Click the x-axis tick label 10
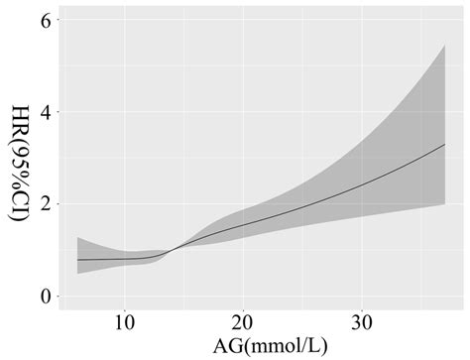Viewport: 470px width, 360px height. tap(125, 323)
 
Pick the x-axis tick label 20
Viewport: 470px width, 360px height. tap(243, 323)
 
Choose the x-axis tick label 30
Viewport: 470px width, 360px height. tap(361, 323)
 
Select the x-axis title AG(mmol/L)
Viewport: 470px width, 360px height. tap(243, 346)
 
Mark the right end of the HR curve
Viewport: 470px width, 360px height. tap(445, 145)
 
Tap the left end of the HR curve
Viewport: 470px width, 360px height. tap(77, 260)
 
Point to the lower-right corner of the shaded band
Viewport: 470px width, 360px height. tap(445, 204)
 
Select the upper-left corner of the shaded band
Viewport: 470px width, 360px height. tap(77, 237)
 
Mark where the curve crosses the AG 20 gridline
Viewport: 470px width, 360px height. tap(243, 225)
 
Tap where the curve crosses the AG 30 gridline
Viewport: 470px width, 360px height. tap(361, 185)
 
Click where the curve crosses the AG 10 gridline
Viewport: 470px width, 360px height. tap(125, 260)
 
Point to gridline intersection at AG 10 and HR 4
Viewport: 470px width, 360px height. tap(125, 112)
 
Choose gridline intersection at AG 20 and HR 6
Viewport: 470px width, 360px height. tap(243, 21)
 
